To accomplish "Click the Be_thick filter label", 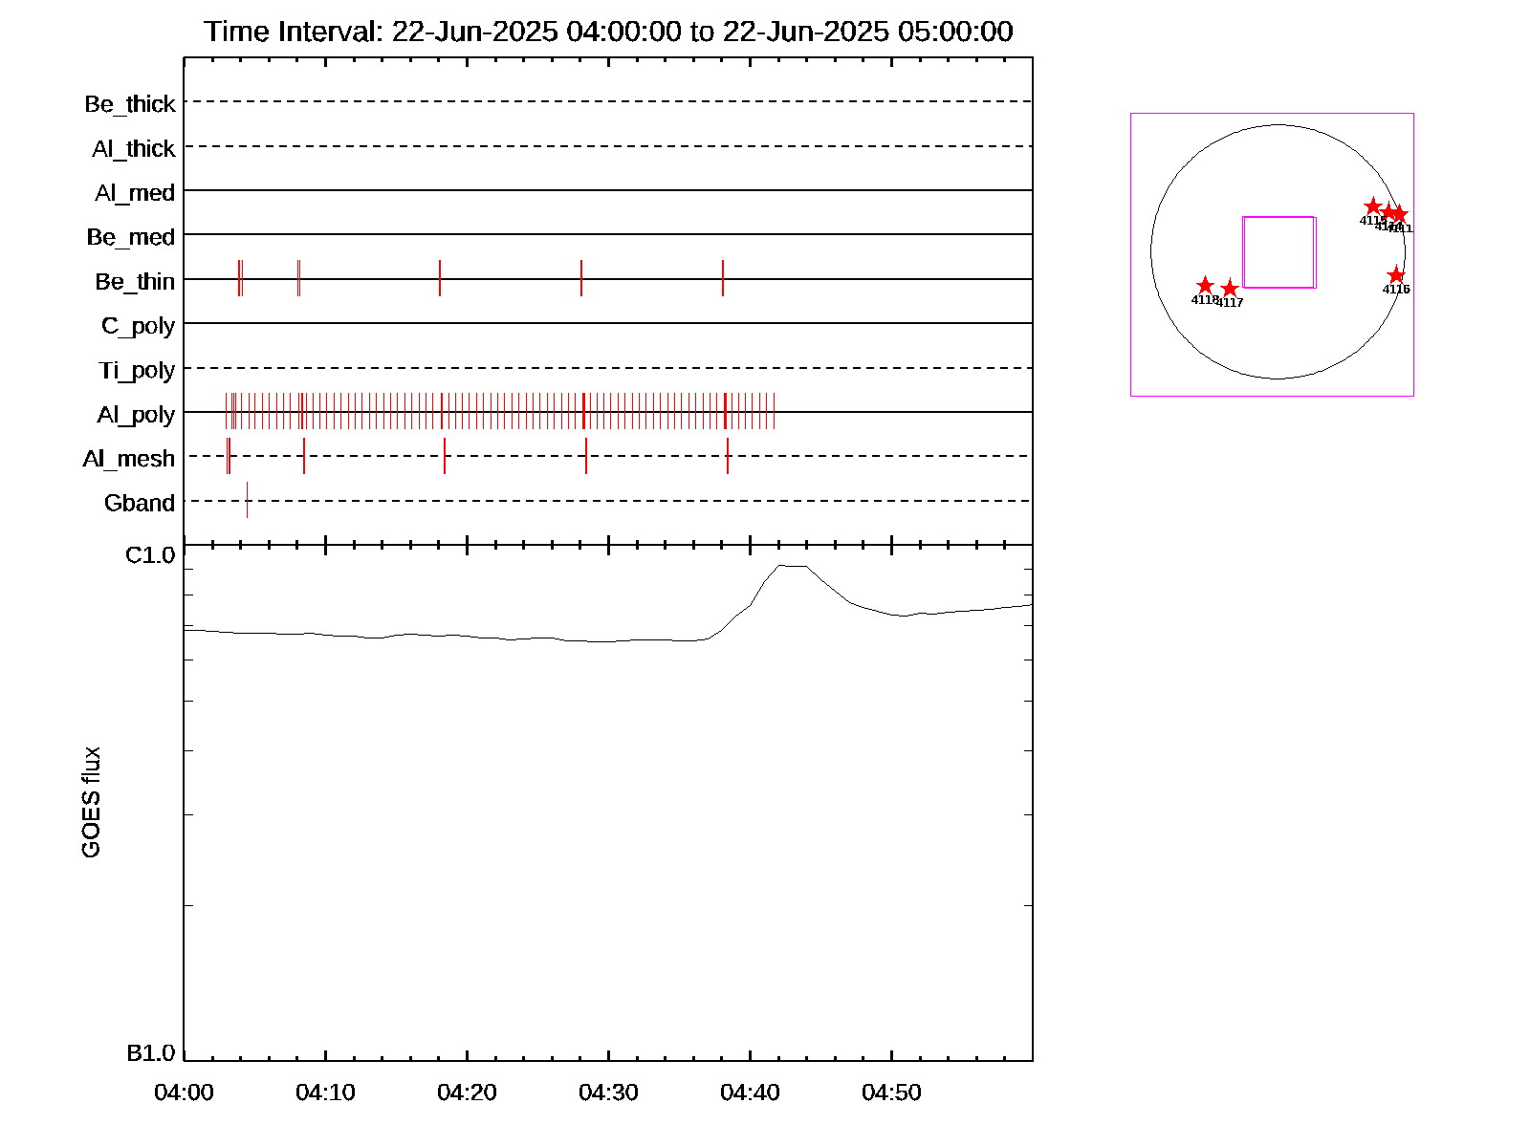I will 130,104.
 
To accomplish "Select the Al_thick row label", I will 134,149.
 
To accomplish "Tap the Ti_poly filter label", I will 137,371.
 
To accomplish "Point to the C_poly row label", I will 138,326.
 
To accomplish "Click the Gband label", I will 140,504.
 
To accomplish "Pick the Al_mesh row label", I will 129,460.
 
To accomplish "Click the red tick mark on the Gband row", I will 247,500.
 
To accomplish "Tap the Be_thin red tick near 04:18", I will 440,278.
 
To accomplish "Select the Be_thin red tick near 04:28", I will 581,278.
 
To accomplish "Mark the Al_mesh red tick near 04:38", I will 728,456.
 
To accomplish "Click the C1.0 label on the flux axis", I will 150,555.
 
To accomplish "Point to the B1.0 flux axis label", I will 150,1053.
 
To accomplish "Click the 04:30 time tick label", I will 608,1093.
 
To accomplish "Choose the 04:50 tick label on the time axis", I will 891,1093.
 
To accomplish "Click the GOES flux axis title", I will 91,803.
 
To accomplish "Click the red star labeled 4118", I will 1205,286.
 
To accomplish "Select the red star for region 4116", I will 1396,275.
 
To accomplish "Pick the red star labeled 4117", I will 1230,289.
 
